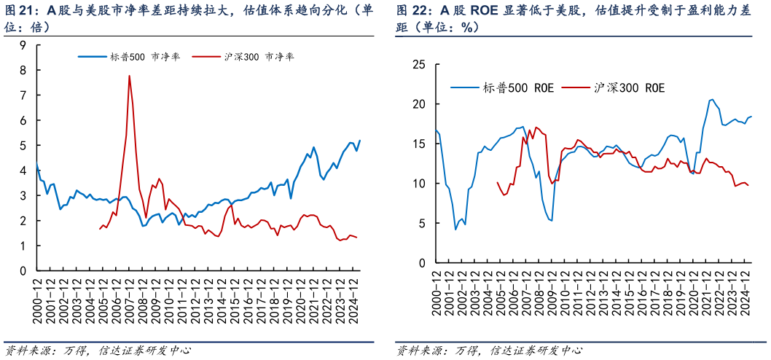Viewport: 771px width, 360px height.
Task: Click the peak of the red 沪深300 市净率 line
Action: pyautogui.click(x=130, y=76)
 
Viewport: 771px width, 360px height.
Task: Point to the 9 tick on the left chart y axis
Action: pyautogui.click(x=23, y=45)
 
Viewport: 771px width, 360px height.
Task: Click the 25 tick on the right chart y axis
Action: pyautogui.click(x=418, y=64)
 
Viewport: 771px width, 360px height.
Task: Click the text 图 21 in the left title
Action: pyautogui.click(x=20, y=10)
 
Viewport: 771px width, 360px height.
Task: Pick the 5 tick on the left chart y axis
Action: pyautogui.click(x=23, y=146)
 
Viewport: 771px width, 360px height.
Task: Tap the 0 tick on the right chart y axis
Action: pyautogui.click(x=421, y=262)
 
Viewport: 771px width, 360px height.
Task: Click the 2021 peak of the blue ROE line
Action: pyautogui.click(x=712, y=100)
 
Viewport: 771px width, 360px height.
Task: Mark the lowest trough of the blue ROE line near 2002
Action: pyautogui.click(x=455, y=230)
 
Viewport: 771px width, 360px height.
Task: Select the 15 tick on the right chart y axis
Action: pyautogui.click(x=418, y=144)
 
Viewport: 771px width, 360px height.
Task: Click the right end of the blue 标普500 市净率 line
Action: pyautogui.click(x=360, y=141)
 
